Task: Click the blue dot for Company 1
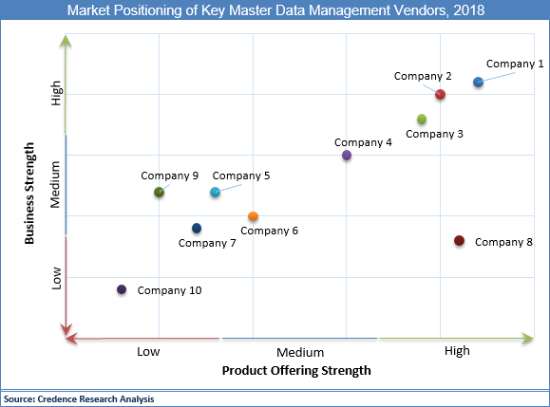(x=478, y=83)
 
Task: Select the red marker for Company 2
(x=441, y=94)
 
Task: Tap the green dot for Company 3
(x=422, y=119)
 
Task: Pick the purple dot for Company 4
(x=347, y=155)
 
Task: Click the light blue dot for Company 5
(x=215, y=193)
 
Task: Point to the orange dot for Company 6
(x=253, y=217)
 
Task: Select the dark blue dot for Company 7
(x=197, y=228)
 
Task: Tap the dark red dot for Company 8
(x=459, y=241)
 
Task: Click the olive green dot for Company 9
(x=160, y=193)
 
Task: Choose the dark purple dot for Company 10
(x=122, y=289)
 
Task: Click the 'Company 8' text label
(x=503, y=242)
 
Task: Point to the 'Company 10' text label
(x=169, y=290)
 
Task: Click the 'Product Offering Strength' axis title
(x=295, y=370)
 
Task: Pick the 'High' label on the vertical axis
(x=57, y=94)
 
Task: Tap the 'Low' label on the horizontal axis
(x=147, y=351)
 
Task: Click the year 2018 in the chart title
(x=465, y=11)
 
